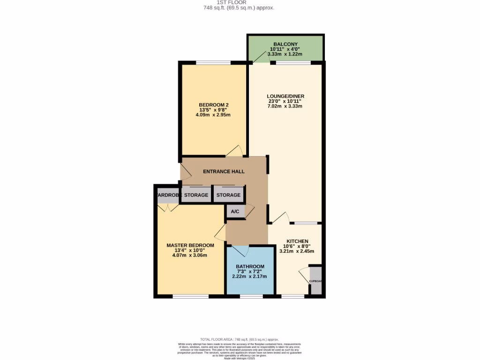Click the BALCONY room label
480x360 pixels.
(285, 44)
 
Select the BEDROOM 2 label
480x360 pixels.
(214, 105)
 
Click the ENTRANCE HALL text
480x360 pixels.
(224, 172)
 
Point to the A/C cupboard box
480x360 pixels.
(235, 211)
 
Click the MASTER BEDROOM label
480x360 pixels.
(190, 245)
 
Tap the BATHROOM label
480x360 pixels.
(249, 266)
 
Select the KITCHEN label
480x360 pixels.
(297, 240)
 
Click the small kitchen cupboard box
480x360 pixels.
(316, 281)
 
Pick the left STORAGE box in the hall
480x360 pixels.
(195, 195)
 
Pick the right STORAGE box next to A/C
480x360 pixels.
(228, 195)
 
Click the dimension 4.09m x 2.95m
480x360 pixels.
(214, 115)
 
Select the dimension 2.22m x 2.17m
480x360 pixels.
(249, 277)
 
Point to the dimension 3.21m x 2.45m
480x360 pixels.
(297, 251)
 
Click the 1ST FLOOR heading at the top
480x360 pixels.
(239, 2)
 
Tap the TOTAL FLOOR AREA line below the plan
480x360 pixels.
(239, 339)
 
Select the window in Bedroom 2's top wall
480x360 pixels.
(213, 63)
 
